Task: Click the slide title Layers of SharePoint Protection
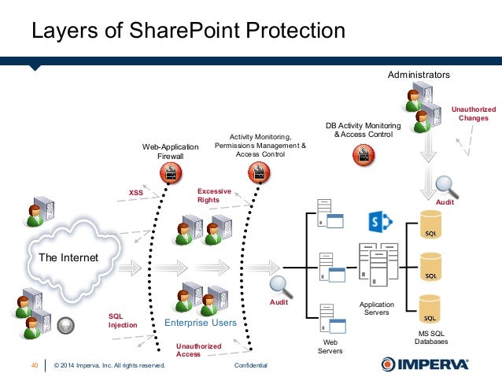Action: (187, 31)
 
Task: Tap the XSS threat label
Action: (135, 191)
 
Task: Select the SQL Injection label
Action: (123, 319)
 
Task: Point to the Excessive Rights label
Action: (214, 195)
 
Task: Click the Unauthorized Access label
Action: (198, 350)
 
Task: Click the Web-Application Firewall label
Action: (171, 151)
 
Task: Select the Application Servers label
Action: (375, 308)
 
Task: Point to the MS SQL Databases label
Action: (432, 338)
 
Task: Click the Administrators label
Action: (419, 74)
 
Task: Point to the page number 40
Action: (35, 365)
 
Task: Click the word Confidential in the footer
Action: (251, 365)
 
